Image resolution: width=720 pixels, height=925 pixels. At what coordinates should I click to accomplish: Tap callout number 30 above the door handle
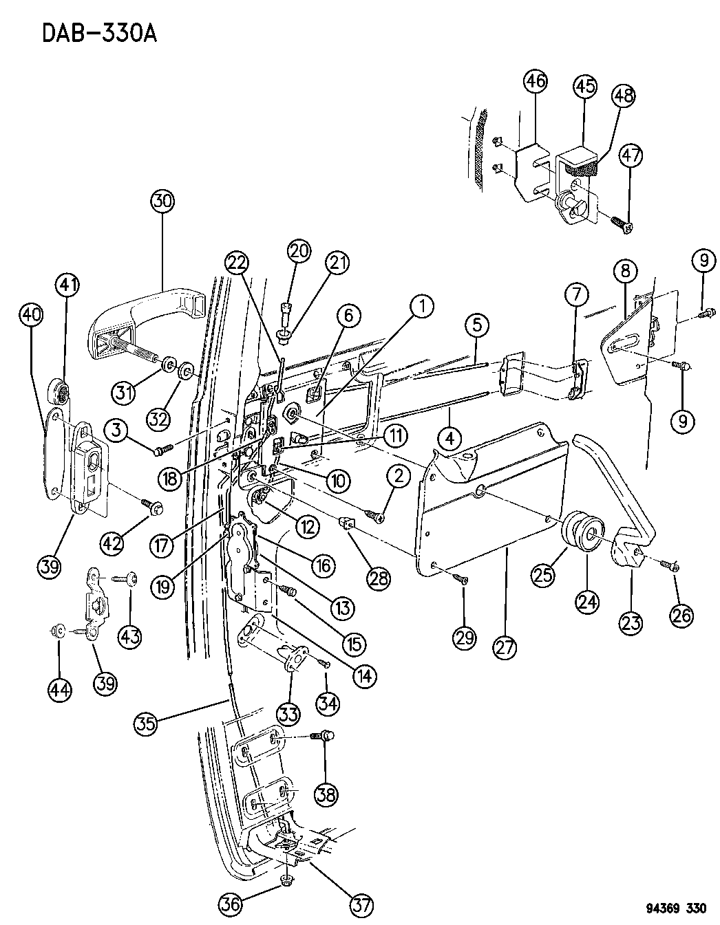(164, 202)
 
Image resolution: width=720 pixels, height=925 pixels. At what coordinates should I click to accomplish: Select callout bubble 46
(535, 82)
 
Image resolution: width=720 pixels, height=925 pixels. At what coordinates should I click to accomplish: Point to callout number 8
(625, 272)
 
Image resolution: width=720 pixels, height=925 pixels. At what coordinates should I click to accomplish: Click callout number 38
(326, 795)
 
